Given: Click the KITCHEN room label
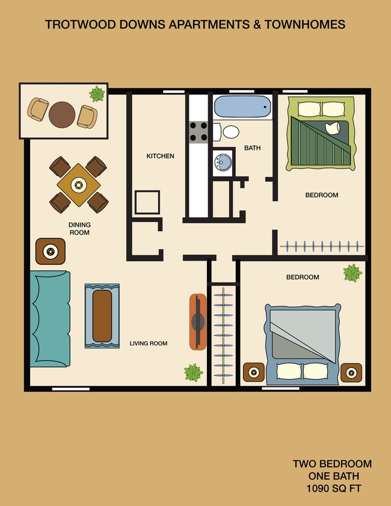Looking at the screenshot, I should point(160,156).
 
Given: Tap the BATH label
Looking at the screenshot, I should point(252,148).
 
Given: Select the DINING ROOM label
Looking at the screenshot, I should point(79,229).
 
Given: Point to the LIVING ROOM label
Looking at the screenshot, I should point(148,344).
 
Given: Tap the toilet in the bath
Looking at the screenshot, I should point(230,132).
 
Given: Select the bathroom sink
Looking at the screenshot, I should point(223,161).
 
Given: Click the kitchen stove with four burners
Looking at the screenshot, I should point(199,131).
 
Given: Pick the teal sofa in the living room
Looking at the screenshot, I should point(50,319).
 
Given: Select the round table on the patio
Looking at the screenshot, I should point(63,113).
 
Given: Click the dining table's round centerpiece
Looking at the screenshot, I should point(78,185).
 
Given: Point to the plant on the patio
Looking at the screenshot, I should point(97,93).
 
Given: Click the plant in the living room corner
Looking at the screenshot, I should point(193,372).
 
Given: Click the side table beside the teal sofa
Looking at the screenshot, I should point(51,251).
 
